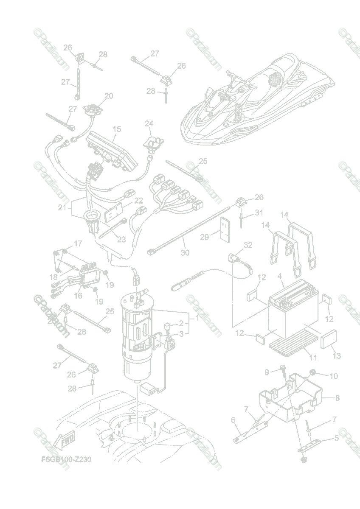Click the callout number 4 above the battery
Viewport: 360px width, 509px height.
(x=280, y=276)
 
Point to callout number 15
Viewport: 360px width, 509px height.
(x=117, y=129)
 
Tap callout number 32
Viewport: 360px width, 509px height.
(x=248, y=245)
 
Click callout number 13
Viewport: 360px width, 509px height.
(x=336, y=356)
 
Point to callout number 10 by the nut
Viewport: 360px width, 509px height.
(x=333, y=375)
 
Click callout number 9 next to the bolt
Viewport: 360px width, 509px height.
(x=267, y=372)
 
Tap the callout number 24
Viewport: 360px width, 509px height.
(x=149, y=123)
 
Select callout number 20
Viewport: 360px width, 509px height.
(x=109, y=96)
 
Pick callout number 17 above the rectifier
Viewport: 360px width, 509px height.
(x=78, y=243)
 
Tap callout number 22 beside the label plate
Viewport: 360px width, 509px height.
(x=138, y=201)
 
